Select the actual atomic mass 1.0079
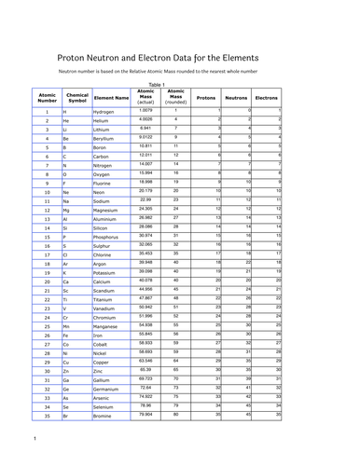145,110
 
